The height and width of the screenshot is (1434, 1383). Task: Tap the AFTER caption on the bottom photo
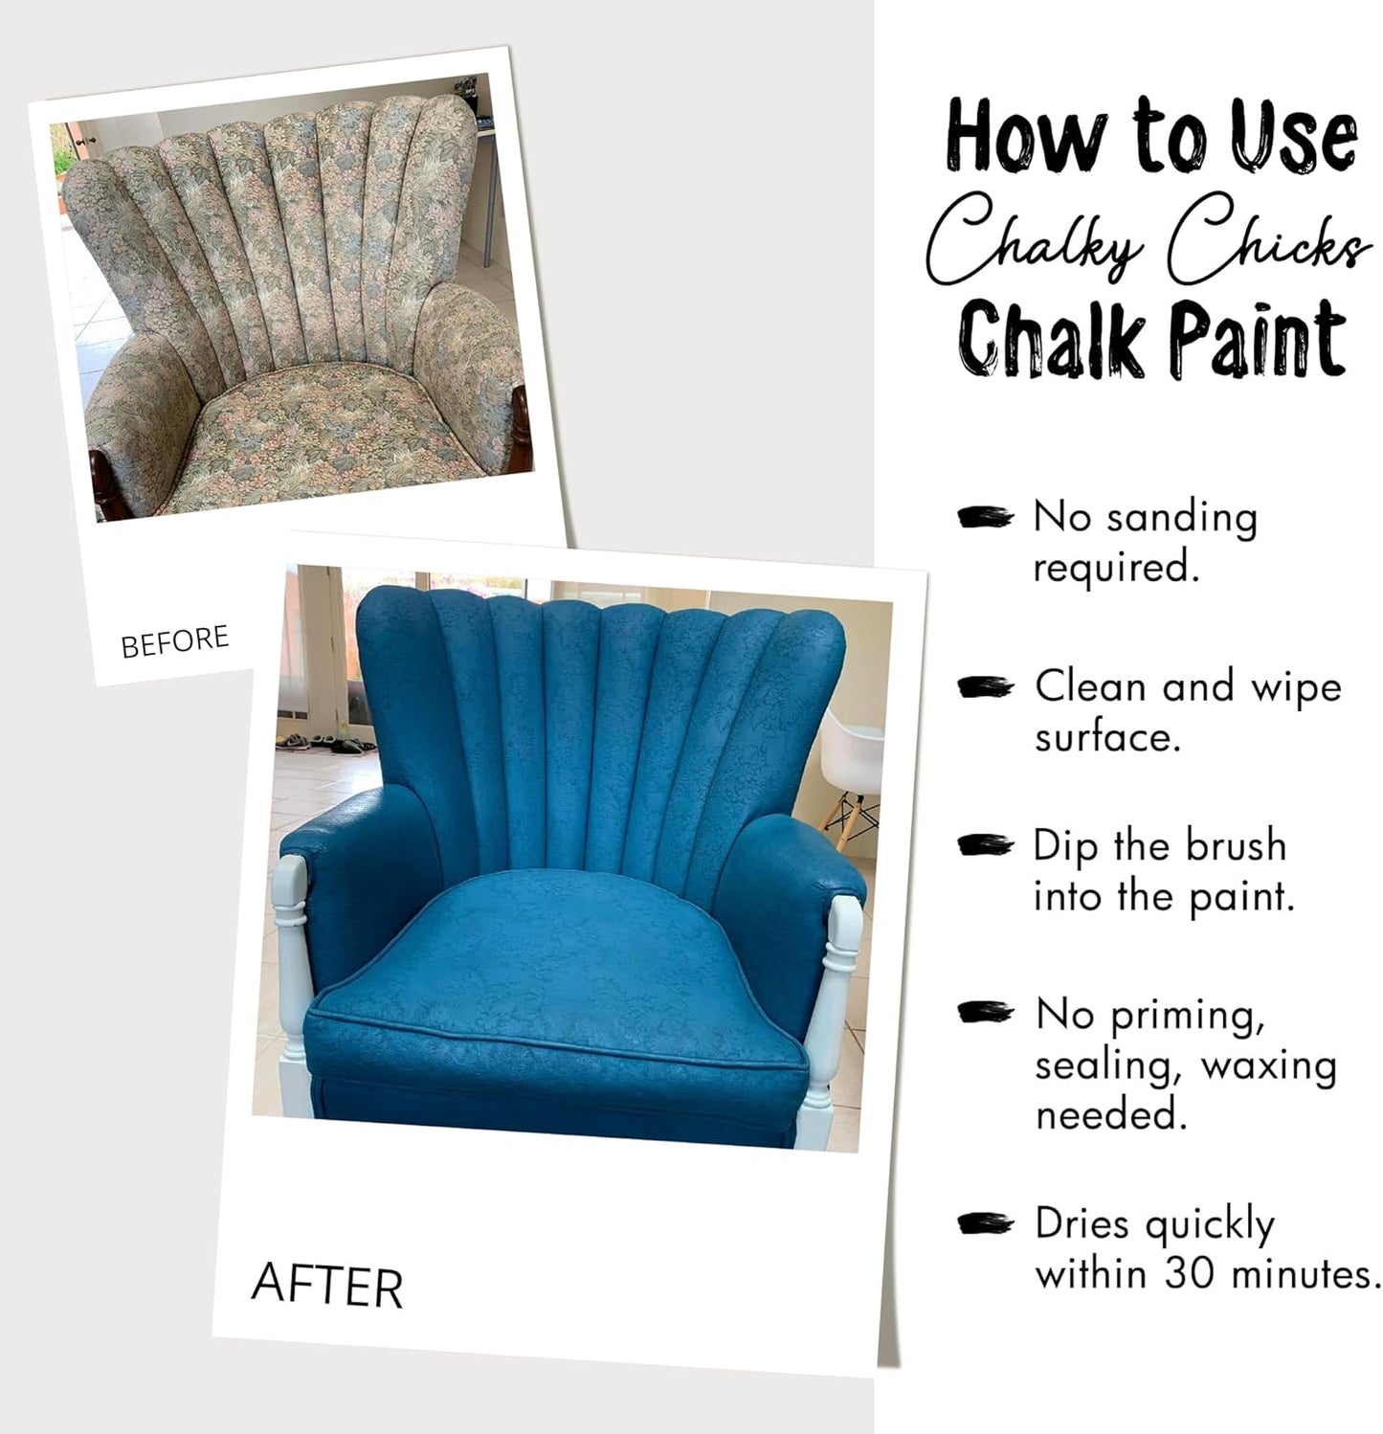326,1286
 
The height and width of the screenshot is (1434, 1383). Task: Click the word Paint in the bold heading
1260,338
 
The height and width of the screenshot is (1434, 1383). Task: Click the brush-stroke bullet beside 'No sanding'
985,518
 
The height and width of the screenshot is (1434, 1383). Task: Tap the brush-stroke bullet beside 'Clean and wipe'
985,687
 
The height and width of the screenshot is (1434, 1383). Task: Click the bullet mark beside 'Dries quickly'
985,1223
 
